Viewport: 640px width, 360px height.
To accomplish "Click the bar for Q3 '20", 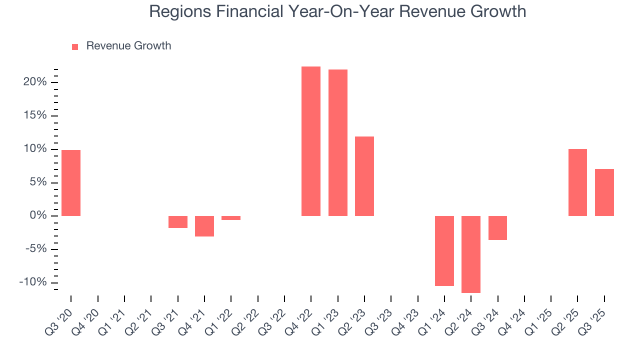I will [x=71, y=183].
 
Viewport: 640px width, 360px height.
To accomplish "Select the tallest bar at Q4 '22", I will [x=311, y=141].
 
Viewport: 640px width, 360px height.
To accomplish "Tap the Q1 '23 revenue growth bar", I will [x=337, y=142].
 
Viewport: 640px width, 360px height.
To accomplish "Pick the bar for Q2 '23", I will [x=364, y=176].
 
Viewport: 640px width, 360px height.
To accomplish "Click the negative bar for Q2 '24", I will [x=471, y=254].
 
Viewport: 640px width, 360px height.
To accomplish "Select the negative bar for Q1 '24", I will [x=444, y=250].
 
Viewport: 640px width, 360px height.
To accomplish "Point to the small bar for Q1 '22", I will [x=231, y=218].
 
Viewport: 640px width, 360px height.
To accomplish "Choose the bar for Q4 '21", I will [x=204, y=226].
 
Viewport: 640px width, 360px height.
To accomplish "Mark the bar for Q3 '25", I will [x=604, y=192].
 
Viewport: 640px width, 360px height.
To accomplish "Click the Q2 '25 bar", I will [x=577, y=182].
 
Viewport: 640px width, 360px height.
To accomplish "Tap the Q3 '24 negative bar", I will [x=497, y=228].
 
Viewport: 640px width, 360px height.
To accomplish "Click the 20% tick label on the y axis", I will [x=34, y=82].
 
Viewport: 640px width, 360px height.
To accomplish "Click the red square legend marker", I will [x=75, y=46].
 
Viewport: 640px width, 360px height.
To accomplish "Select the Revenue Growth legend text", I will [x=128, y=46].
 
